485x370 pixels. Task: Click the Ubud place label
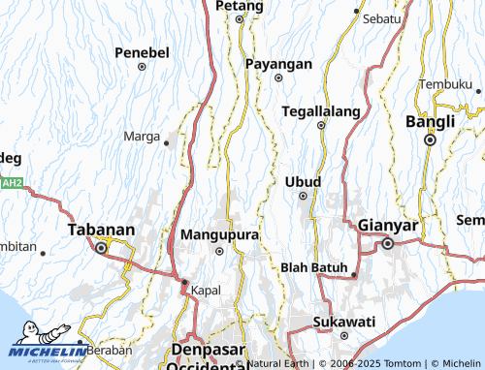tap(303, 181)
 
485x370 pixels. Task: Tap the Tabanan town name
tap(101, 230)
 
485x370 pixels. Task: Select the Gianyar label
tap(387, 226)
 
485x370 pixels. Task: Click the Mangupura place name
tap(219, 234)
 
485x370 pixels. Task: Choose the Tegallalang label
tap(320, 110)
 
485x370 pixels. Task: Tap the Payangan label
tap(277, 63)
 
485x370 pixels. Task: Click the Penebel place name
tap(142, 51)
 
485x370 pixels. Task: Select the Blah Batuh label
tap(313, 266)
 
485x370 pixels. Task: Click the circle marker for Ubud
tap(303, 197)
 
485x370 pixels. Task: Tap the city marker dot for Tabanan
tap(101, 248)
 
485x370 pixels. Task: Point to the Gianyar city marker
tap(387, 243)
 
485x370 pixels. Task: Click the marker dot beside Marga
tap(167, 141)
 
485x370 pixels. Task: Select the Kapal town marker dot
tap(185, 282)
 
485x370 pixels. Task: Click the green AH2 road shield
tap(11, 182)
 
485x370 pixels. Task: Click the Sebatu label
tap(381, 19)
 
